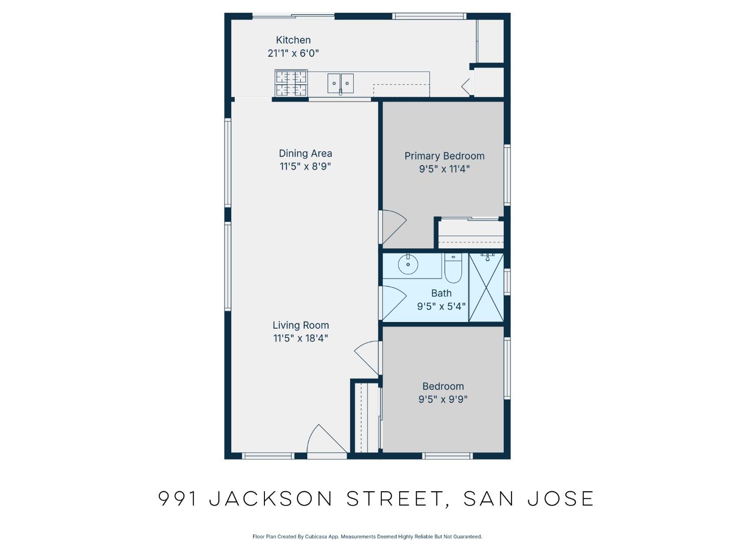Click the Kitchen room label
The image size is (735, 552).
[x=293, y=40]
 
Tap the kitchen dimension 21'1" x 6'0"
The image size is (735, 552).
[x=293, y=53]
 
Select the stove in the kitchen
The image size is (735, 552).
[x=291, y=83]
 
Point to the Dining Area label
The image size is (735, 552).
[x=305, y=153]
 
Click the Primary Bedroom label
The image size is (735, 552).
[x=444, y=156]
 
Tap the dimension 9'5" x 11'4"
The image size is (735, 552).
[x=444, y=169]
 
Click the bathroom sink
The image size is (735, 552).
[x=408, y=265]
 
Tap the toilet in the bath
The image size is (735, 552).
[x=453, y=268]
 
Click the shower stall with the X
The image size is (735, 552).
[x=486, y=287]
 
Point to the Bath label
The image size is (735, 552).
[x=441, y=293]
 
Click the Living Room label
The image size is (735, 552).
[x=301, y=325]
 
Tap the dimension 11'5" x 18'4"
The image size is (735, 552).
[x=301, y=338]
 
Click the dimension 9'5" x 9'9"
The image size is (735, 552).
[x=443, y=400]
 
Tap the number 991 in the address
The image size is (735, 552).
[x=178, y=498]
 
